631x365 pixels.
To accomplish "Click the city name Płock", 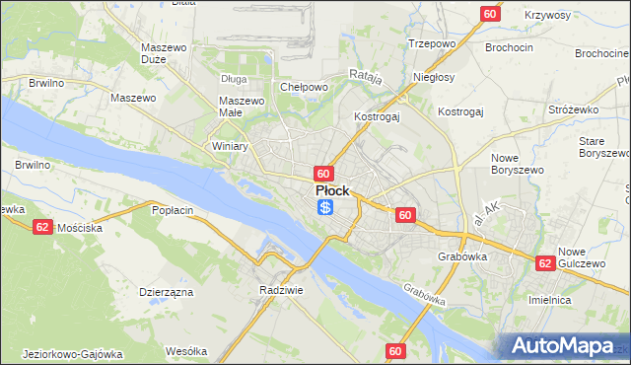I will (x=332, y=190).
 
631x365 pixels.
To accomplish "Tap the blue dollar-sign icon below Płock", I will (x=325, y=207).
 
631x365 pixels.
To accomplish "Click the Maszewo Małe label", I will (x=243, y=107).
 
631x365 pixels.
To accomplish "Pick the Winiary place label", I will (x=230, y=146).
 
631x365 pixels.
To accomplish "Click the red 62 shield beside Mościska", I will (x=41, y=226).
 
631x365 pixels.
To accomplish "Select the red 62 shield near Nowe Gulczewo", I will (x=545, y=263).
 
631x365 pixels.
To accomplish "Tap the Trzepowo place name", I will (x=431, y=43).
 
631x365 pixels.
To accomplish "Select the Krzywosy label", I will (x=548, y=16).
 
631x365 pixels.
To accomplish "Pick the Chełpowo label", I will (x=304, y=87).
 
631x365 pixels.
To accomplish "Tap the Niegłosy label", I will (x=434, y=76).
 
